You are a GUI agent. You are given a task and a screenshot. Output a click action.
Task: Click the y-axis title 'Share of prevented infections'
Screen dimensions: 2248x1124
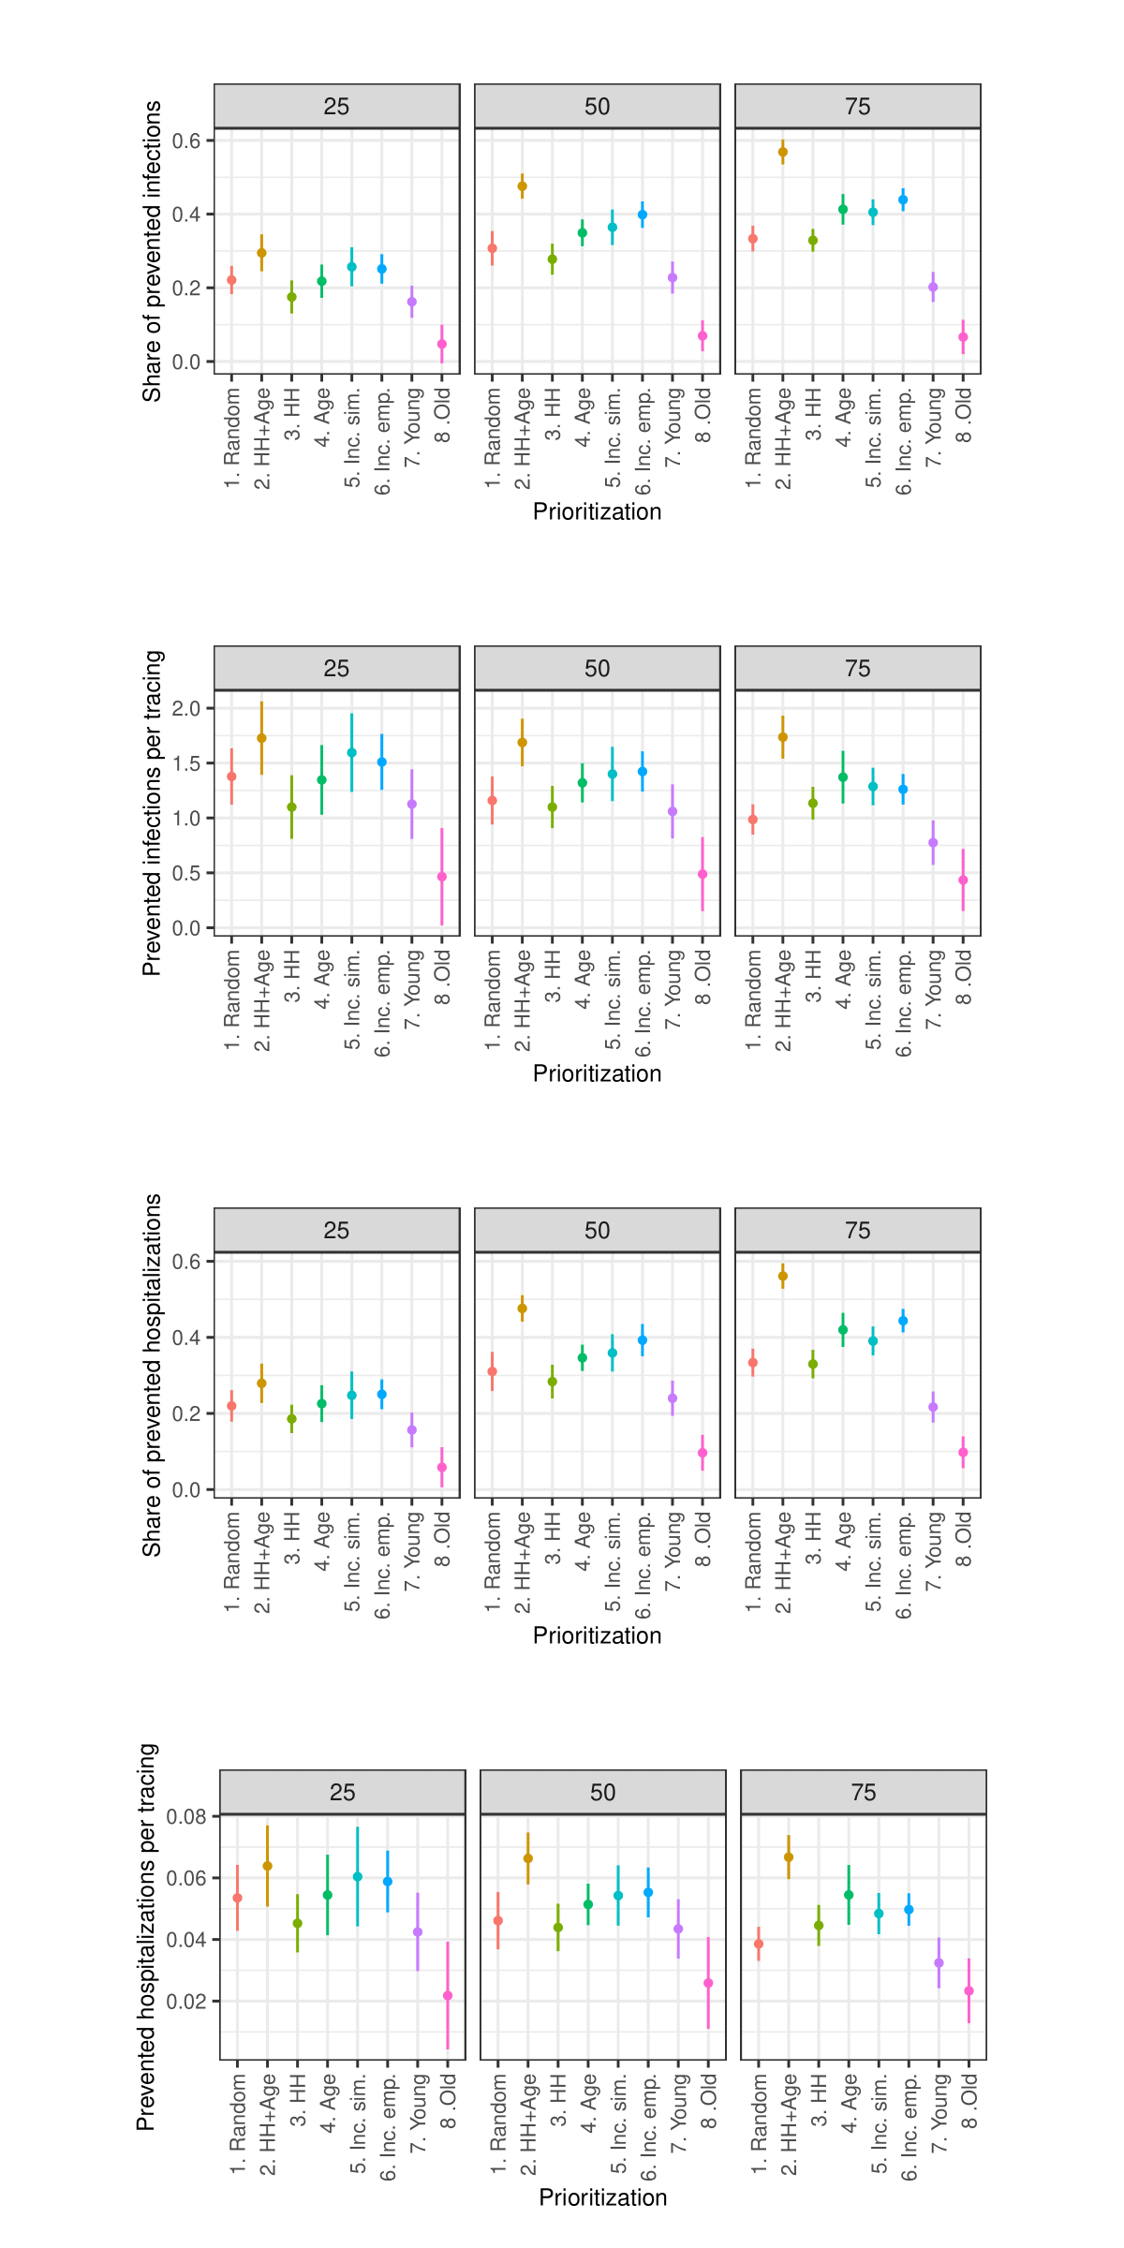pos(152,251)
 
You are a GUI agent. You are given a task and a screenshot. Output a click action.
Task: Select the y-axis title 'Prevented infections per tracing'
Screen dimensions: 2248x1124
pos(152,813)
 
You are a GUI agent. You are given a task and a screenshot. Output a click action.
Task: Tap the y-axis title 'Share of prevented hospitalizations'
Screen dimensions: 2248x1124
pos(152,1375)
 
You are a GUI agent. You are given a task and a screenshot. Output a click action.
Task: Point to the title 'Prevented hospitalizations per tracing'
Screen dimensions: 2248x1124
pos(146,1937)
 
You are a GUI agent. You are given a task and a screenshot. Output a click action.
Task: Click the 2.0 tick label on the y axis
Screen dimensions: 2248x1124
pos(186,708)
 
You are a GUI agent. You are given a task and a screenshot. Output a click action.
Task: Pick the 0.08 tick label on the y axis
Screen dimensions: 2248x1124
pos(186,1817)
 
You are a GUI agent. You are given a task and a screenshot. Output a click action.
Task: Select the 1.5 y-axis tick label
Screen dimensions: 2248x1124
pos(186,763)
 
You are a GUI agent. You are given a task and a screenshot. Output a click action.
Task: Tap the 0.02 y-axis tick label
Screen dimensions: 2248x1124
pos(186,2002)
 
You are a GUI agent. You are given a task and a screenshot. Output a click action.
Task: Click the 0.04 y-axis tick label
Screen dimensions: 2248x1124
pos(186,1940)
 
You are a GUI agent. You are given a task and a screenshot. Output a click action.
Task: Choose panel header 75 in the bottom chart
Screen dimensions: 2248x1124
pos(863,1793)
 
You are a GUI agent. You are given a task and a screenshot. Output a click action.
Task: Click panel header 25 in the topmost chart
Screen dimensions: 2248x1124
pos(336,107)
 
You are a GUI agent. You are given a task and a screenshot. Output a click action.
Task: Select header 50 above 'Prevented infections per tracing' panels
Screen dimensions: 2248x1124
pos(597,669)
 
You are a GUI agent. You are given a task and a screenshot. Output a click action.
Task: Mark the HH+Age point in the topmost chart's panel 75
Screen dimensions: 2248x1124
pos(783,152)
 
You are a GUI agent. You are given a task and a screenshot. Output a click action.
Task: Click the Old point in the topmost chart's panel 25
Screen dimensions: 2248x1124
pos(442,345)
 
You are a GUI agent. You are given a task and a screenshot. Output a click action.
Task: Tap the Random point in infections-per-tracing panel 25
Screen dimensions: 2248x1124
pos(231,776)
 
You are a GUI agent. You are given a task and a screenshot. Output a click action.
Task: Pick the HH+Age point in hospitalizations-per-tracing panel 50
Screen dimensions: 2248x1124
pos(528,1858)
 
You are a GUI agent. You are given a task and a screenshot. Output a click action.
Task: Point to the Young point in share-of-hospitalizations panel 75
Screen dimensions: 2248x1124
pos(933,1407)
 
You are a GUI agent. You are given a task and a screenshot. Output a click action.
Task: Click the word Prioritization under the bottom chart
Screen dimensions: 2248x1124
pos(602,2197)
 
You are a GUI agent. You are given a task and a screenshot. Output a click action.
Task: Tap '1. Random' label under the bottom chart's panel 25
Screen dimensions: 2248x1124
pos(238,2124)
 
